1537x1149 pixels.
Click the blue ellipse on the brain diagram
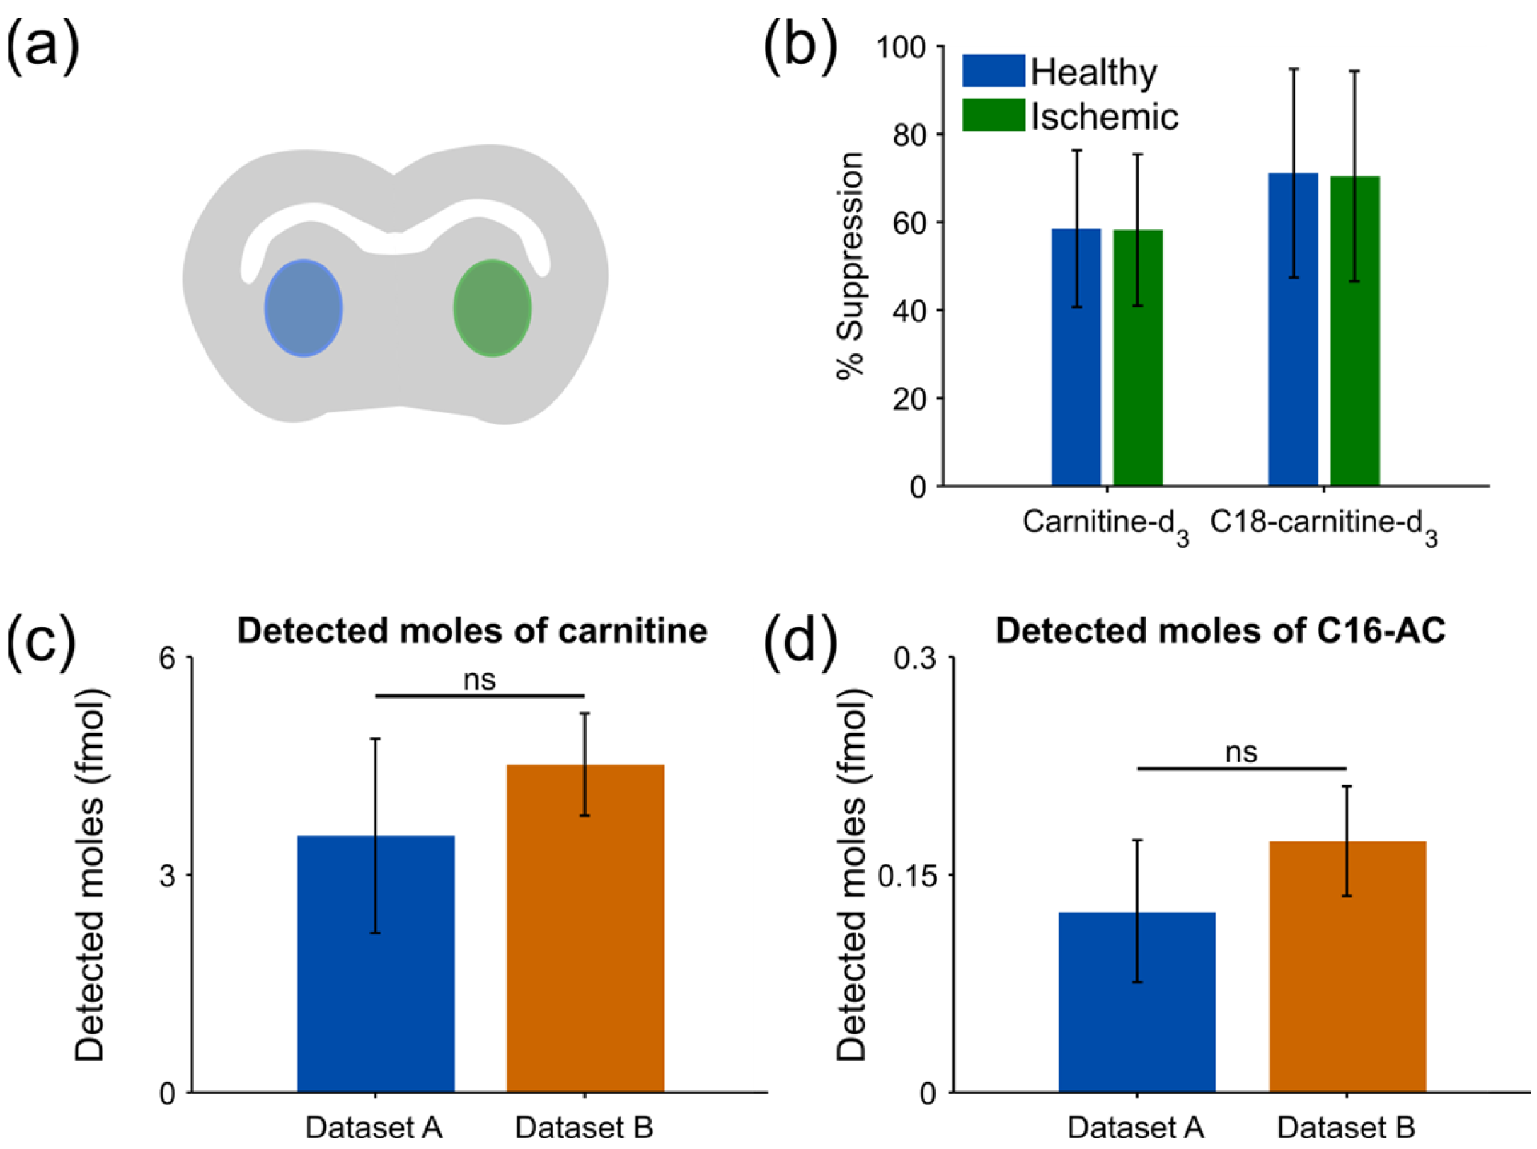304,308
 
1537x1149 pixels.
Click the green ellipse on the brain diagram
493,308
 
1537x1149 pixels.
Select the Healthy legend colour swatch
993,71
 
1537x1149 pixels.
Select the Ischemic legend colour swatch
993,115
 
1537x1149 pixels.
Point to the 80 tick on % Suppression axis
909,134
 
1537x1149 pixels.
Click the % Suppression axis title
850,266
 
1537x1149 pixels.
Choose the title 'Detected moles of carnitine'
472,631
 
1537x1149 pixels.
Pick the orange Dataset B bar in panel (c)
585,928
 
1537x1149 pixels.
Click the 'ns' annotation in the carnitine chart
479,680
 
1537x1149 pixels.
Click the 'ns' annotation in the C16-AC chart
1241,753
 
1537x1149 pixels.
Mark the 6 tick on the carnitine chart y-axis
166,658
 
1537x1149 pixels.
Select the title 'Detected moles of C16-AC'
1220,631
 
